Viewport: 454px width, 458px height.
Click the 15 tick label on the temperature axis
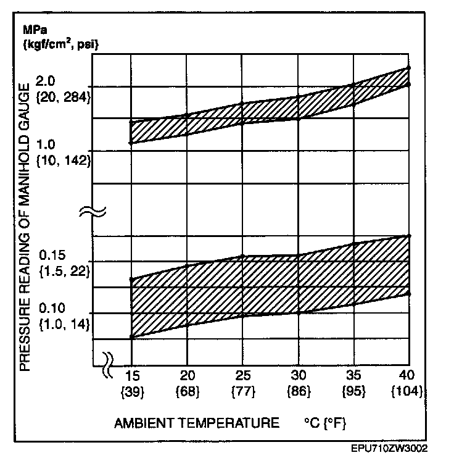pyautogui.click(x=132, y=376)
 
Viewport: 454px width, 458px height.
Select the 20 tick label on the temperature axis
pyautogui.click(x=188, y=376)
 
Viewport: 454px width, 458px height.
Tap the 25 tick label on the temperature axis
pyautogui.click(x=242, y=376)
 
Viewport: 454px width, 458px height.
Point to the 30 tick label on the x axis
pyautogui.click(x=299, y=376)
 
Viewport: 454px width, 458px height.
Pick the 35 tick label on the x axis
pyautogui.click(x=353, y=376)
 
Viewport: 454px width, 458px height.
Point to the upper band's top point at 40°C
pyautogui.click(x=409, y=67)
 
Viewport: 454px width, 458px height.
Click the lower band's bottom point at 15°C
pyautogui.click(x=131, y=337)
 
